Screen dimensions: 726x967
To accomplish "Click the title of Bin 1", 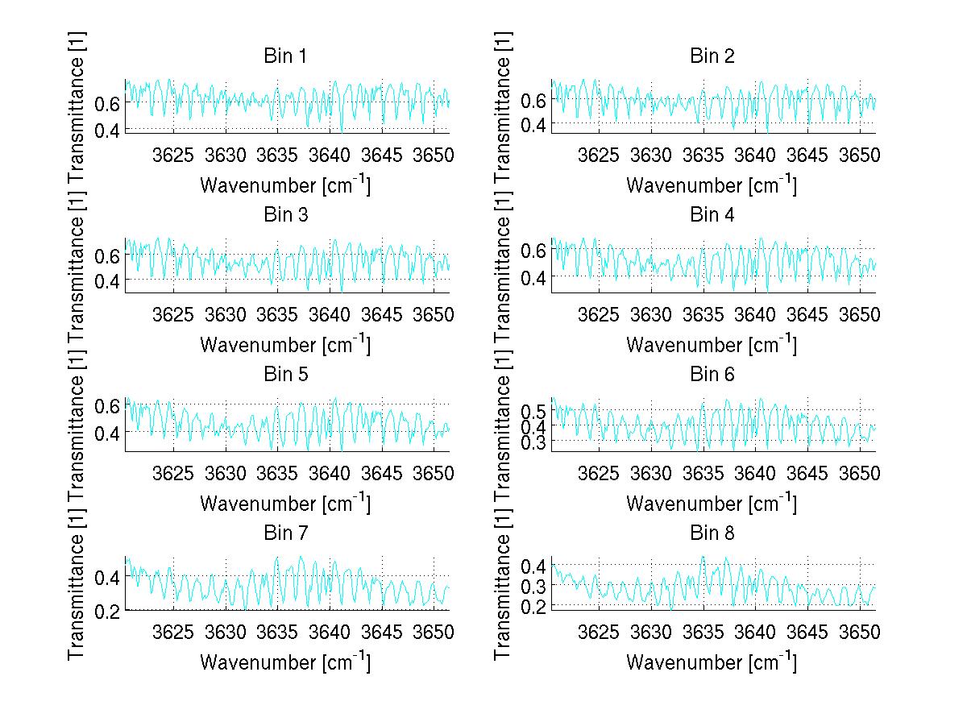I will tap(285, 56).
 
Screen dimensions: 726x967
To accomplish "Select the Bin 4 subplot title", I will tap(712, 215).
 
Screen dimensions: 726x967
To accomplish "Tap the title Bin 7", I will tap(285, 533).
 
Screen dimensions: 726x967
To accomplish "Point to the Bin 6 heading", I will tap(712, 374).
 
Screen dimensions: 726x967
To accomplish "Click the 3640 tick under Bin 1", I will tap(330, 155).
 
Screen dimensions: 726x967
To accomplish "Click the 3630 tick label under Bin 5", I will tap(226, 472).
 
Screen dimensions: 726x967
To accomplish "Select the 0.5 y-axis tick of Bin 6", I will tap(534, 413).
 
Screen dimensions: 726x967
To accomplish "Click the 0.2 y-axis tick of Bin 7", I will tap(108, 611).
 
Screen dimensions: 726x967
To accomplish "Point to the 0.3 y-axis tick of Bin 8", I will tap(534, 586).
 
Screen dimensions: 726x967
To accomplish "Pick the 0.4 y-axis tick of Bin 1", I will tap(108, 129).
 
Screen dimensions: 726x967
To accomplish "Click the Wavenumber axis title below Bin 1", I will tap(285, 185).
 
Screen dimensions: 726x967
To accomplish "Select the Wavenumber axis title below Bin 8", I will tap(712, 662).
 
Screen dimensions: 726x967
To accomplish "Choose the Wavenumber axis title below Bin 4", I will tap(712, 344).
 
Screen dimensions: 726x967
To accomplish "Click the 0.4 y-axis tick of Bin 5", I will tap(108, 433).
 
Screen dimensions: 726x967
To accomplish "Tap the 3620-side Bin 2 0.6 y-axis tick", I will tap(534, 100).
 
